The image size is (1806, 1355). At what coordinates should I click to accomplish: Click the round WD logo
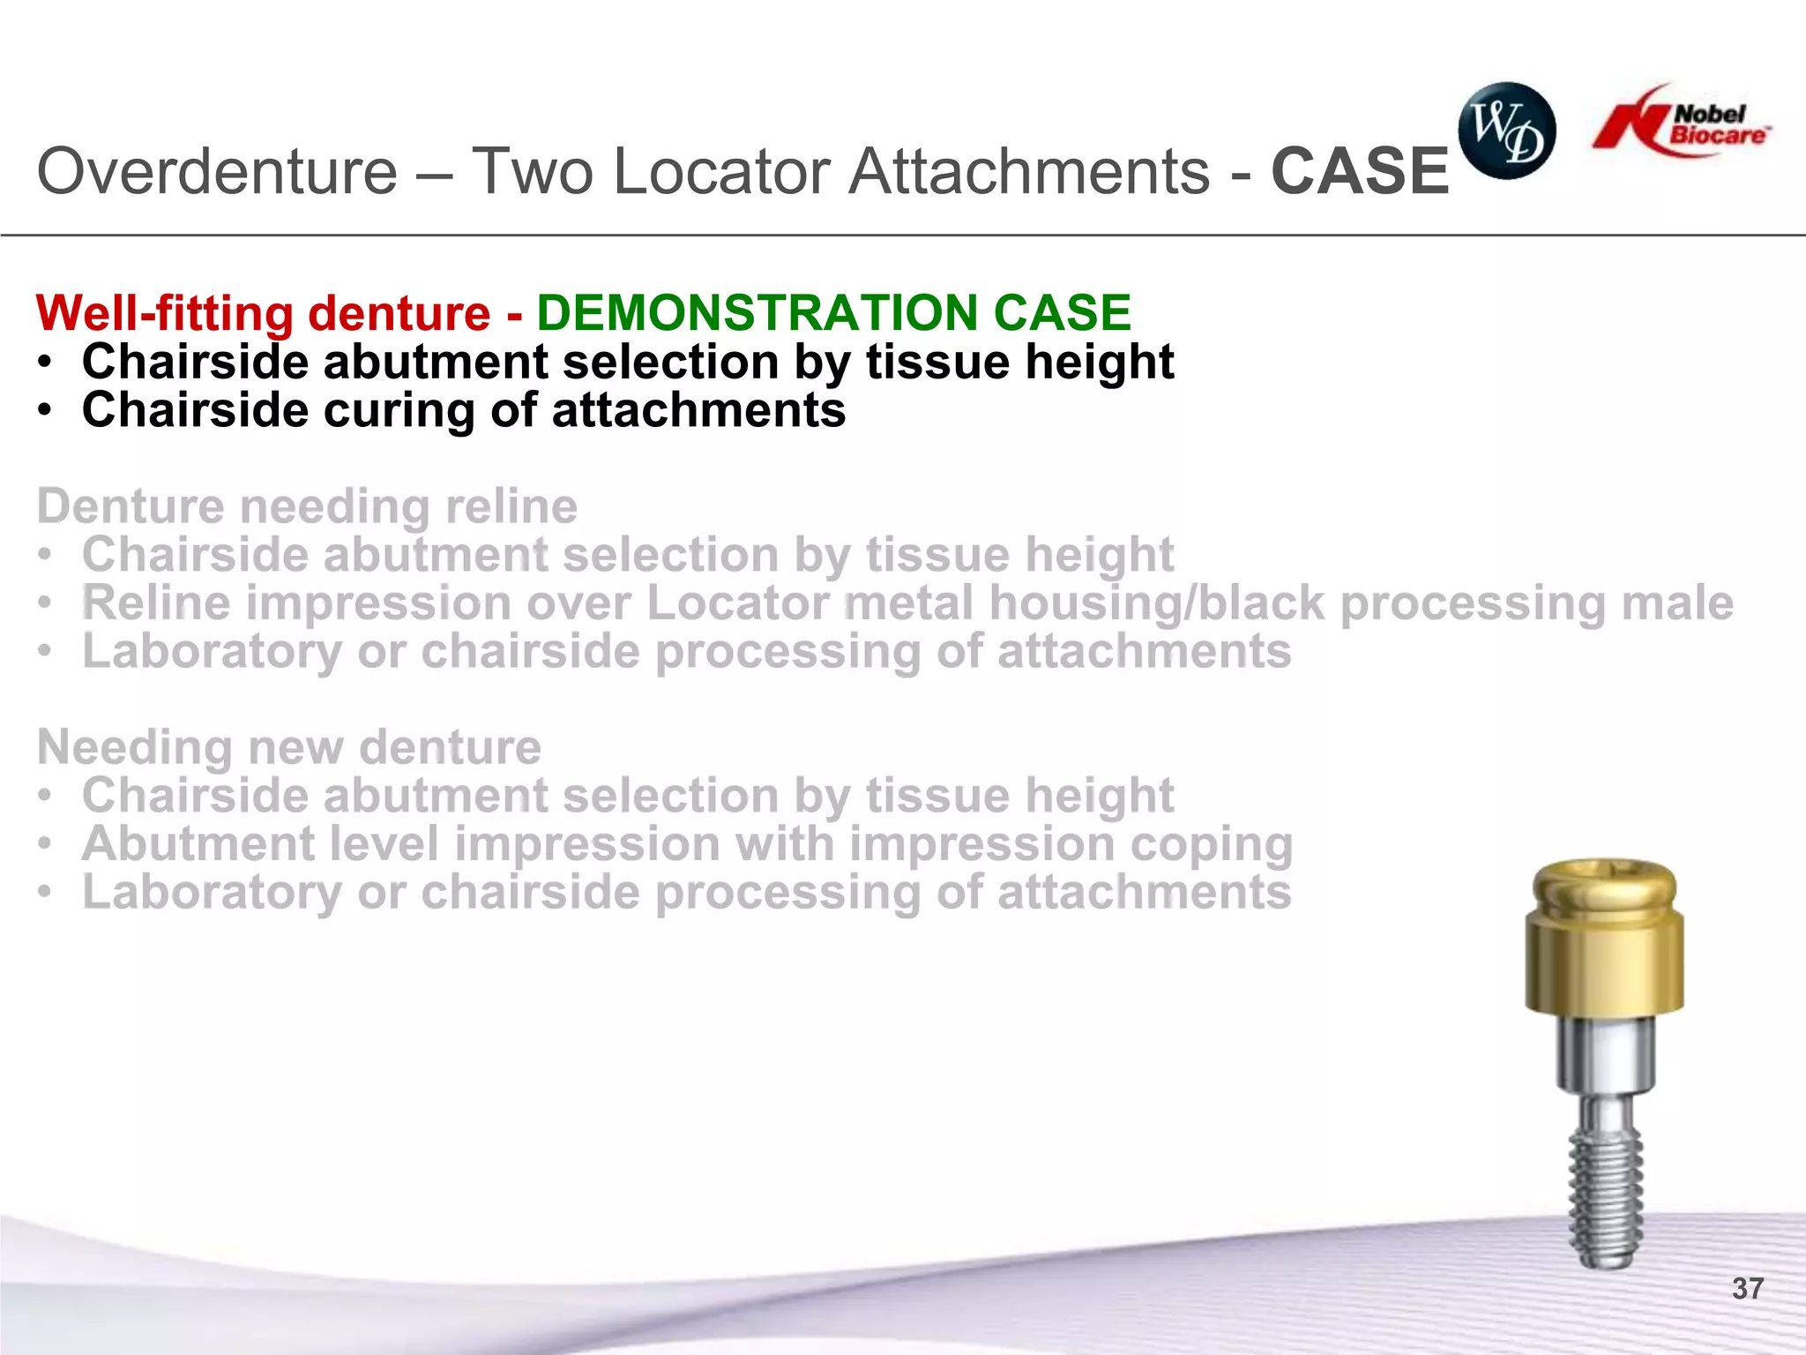[1506, 131]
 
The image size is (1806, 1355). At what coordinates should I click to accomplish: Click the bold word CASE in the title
[1360, 171]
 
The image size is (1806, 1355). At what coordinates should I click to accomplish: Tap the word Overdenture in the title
[217, 171]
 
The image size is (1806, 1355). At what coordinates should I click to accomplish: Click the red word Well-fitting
[165, 314]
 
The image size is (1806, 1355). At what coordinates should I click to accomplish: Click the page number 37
[1747, 1289]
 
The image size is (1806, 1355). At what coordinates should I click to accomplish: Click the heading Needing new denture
[289, 748]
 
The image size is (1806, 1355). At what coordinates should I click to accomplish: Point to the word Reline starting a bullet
[156, 604]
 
